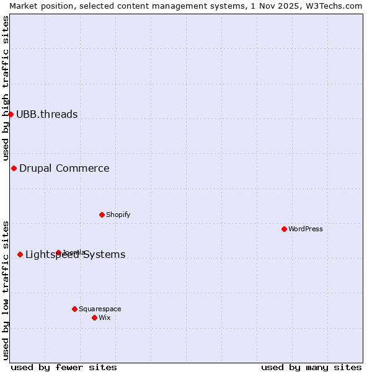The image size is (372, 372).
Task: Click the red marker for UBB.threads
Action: click(x=11, y=114)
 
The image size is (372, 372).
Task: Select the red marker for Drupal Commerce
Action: click(x=14, y=168)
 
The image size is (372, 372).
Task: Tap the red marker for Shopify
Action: click(x=102, y=215)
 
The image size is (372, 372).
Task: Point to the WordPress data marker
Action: click(x=284, y=229)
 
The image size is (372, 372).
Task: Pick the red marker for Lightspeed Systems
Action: click(x=20, y=254)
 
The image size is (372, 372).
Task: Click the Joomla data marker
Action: click(x=58, y=252)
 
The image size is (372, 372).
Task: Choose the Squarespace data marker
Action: click(x=74, y=309)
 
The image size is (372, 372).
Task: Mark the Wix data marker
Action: click(x=94, y=317)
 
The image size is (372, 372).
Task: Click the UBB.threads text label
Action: click(x=47, y=114)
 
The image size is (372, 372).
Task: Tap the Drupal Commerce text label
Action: click(x=64, y=168)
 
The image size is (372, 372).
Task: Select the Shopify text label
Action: click(x=118, y=215)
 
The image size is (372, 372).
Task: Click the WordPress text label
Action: click(x=306, y=229)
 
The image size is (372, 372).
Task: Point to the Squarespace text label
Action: click(x=100, y=309)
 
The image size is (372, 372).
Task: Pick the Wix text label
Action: click(x=105, y=317)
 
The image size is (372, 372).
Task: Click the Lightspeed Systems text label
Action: click(x=76, y=254)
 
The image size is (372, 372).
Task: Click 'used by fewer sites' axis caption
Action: click(x=64, y=367)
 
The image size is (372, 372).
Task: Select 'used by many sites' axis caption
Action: click(x=311, y=367)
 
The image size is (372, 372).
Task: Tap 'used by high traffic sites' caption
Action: click(x=6, y=88)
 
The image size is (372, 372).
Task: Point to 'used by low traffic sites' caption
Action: click(x=6, y=290)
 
